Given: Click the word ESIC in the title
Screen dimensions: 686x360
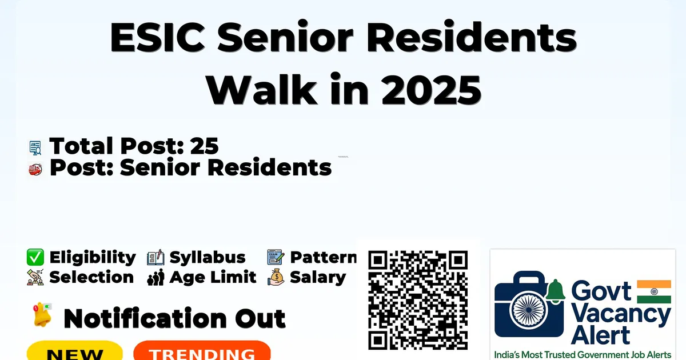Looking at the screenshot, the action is tap(157, 37).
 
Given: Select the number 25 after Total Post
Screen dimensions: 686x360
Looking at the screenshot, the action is tap(204, 146).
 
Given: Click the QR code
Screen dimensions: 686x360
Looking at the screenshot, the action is tap(418, 300).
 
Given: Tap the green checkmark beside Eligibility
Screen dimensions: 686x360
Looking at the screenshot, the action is tap(35, 257).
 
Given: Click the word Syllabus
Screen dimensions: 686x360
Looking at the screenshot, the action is tap(208, 258).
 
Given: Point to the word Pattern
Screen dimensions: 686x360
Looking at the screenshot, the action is tap(324, 257).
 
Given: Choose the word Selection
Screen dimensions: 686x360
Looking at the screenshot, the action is tap(91, 277).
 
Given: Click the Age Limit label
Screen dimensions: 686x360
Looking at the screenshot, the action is tap(213, 277).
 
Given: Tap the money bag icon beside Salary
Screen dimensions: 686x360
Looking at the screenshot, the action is tap(276, 277).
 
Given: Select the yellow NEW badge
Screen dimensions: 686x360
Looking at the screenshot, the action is tap(75, 351).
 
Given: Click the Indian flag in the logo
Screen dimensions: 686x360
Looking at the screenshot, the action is tap(654, 292).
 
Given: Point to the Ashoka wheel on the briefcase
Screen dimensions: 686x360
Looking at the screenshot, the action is tap(528, 310).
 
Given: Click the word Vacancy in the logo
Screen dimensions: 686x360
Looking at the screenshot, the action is tap(621, 315).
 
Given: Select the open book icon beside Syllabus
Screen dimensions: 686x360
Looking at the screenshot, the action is tap(155, 258).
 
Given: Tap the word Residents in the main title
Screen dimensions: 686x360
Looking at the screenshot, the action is tap(472, 37).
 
